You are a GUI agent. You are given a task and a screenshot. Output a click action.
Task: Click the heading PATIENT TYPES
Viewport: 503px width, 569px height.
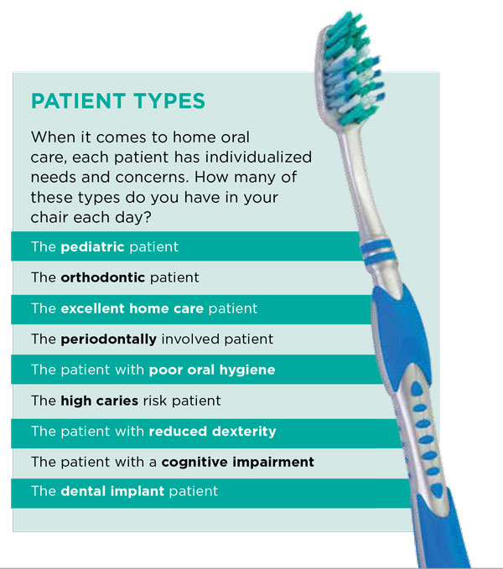(x=117, y=101)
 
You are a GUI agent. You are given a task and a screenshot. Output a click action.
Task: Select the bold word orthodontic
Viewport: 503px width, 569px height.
(x=101, y=277)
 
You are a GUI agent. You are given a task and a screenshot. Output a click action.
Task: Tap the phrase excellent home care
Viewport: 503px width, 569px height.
(x=132, y=308)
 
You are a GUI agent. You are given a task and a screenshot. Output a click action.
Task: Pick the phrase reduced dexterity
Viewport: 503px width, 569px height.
(x=212, y=431)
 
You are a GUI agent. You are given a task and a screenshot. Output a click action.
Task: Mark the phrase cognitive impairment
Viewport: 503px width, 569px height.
(x=237, y=461)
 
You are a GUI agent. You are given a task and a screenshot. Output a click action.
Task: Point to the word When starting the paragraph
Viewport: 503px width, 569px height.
(x=49, y=137)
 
